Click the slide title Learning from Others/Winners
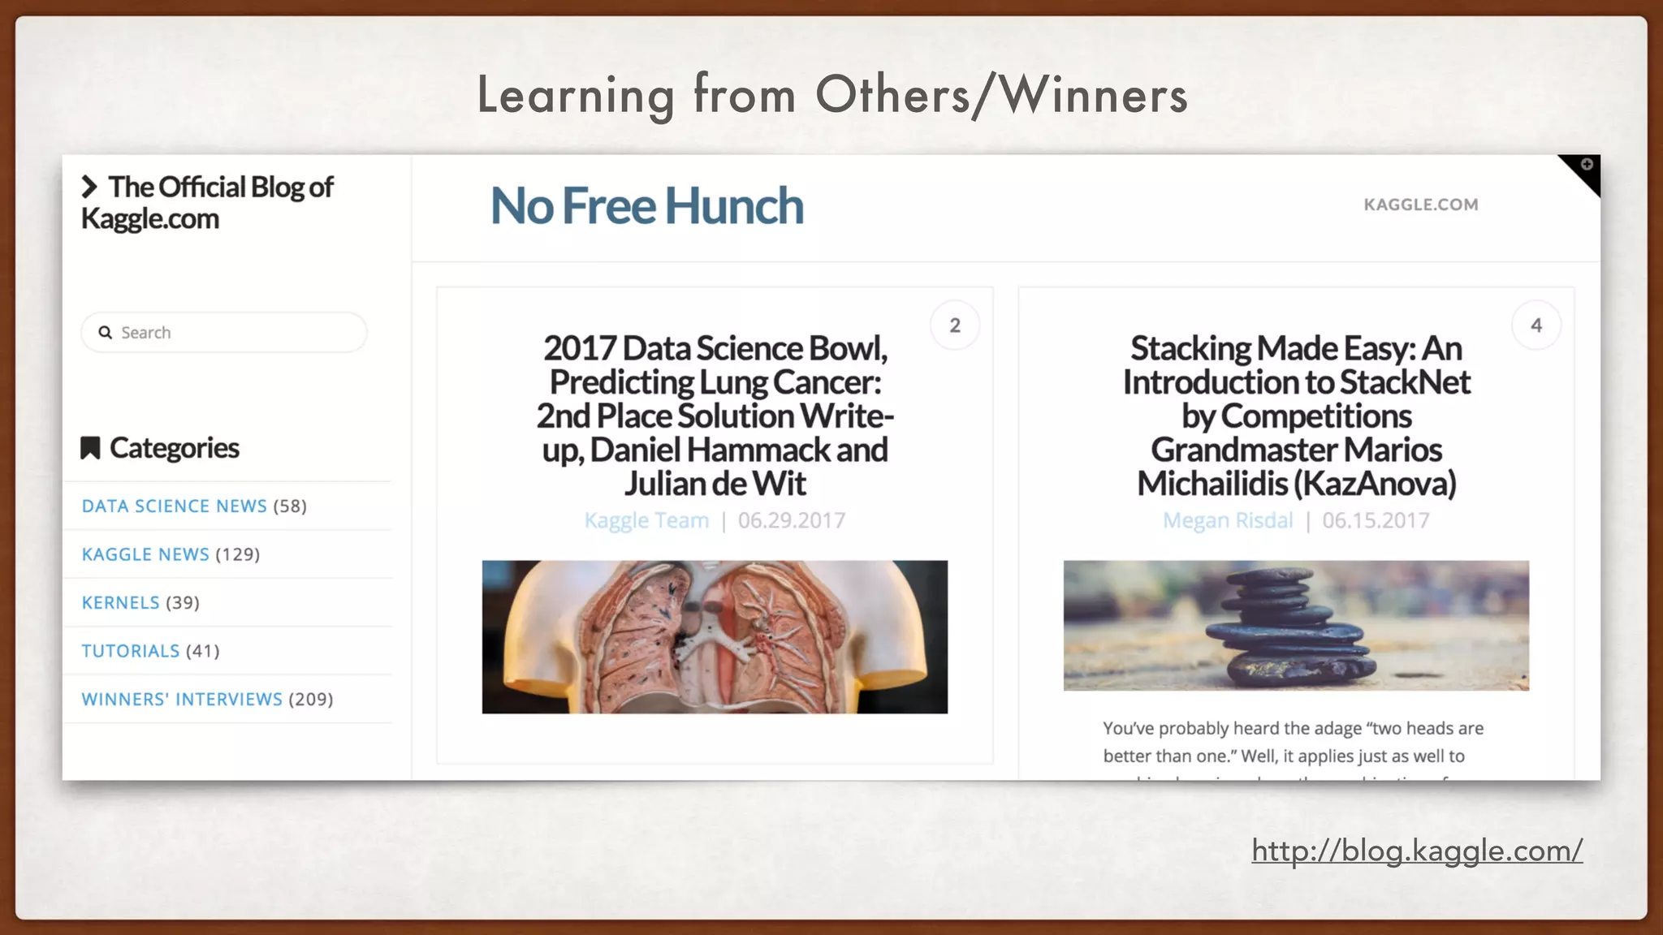[x=831, y=95]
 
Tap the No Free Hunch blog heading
[x=647, y=205]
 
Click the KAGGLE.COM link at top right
[x=1420, y=205]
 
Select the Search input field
[x=235, y=333]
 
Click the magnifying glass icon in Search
[x=105, y=333]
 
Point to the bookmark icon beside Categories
[x=90, y=448]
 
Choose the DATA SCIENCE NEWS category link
[x=174, y=506]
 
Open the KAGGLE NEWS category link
[x=145, y=554]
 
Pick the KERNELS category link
[x=120, y=603]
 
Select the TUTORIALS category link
[x=130, y=651]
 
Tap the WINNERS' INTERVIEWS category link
[x=182, y=700]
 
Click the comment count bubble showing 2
[x=955, y=325]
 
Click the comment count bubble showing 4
[x=1536, y=325]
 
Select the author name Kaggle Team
[x=646, y=520]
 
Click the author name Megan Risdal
[x=1228, y=520]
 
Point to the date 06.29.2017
[x=792, y=520]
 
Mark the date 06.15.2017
[x=1376, y=520]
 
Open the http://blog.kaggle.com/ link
[x=1417, y=851]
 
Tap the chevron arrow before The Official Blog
[x=89, y=187]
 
